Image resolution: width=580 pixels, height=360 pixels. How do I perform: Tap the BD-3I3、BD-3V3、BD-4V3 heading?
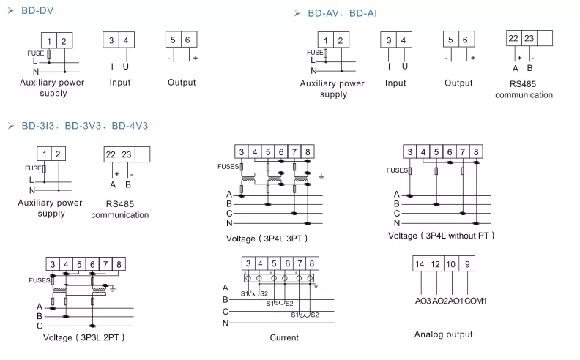pyautogui.click(x=84, y=126)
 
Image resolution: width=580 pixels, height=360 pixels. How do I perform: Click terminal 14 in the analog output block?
pyautogui.click(x=420, y=264)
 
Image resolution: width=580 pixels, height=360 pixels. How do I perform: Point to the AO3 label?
pyautogui.click(x=423, y=301)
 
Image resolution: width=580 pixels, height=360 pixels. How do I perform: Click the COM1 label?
pyautogui.click(x=476, y=301)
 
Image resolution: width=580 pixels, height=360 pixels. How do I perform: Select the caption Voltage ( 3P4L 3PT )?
pyautogui.click(x=267, y=239)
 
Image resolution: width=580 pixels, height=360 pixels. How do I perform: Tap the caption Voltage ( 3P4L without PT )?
pyautogui.click(x=441, y=236)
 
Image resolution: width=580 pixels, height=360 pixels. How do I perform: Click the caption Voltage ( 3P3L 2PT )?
pyautogui.click(x=83, y=337)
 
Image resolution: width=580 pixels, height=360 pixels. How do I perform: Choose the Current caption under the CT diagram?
pyautogui.click(x=284, y=337)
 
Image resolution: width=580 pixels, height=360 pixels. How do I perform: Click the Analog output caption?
pyautogui.click(x=443, y=334)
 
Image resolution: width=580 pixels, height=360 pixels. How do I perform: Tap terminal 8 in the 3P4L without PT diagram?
pyautogui.click(x=476, y=152)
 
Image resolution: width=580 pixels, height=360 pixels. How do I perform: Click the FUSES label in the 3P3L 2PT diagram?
pyautogui.click(x=39, y=280)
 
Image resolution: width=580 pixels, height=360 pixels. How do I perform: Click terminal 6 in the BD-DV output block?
pyautogui.click(x=188, y=40)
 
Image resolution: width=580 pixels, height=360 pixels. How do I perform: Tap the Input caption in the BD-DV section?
pyautogui.click(x=120, y=83)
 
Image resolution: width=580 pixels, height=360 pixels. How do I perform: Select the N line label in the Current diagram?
pyautogui.click(x=226, y=323)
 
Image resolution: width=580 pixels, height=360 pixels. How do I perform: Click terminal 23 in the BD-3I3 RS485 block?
pyautogui.click(x=127, y=154)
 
